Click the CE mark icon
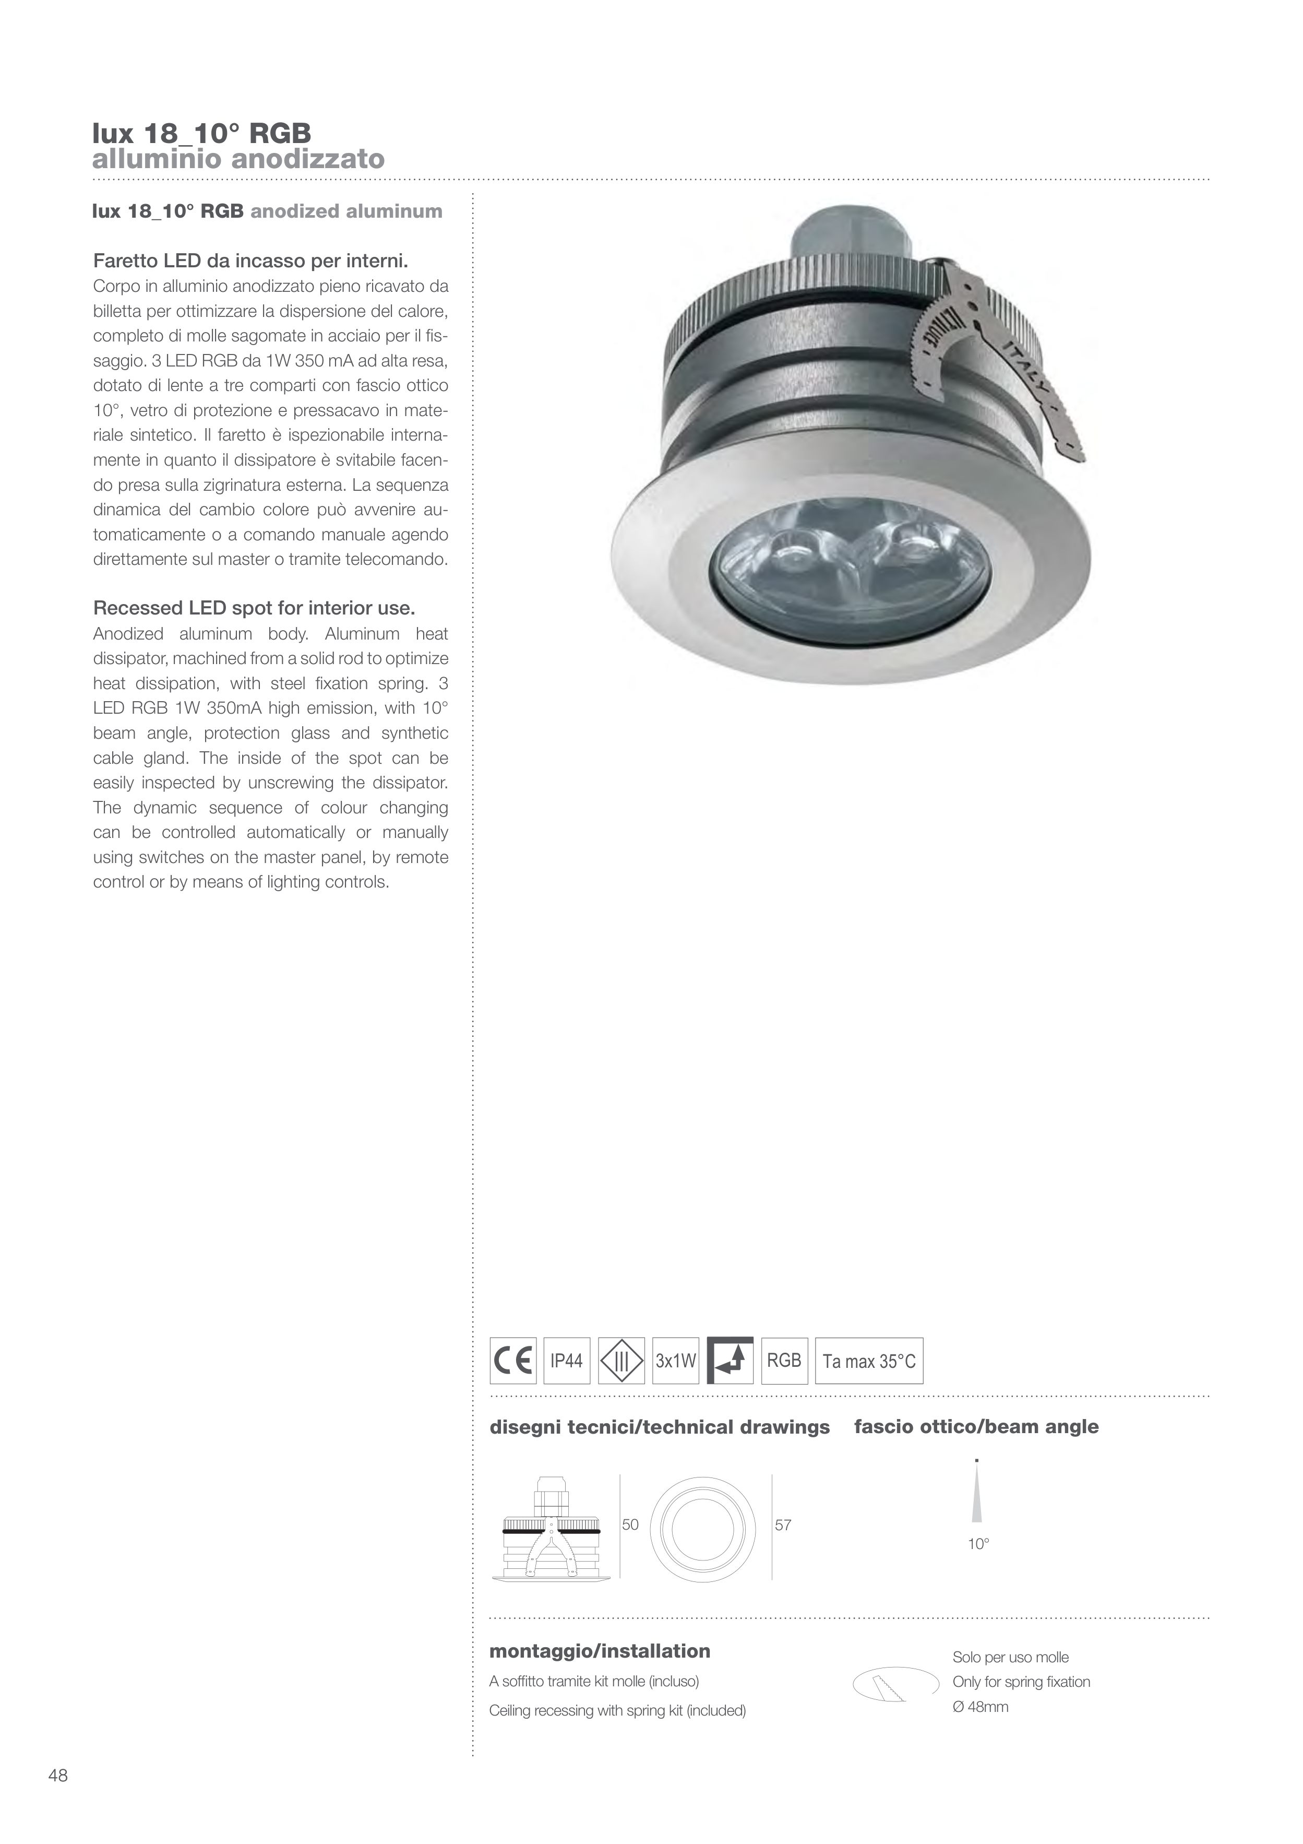tap(513, 1361)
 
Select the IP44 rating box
tap(567, 1361)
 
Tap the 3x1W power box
tap(676, 1361)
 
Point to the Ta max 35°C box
tap(869, 1361)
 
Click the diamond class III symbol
tap(621, 1361)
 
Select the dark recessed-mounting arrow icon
tap(730, 1361)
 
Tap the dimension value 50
tap(630, 1524)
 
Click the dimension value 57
tap(783, 1524)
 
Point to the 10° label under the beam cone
tap(978, 1544)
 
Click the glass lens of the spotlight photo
tap(851, 562)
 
